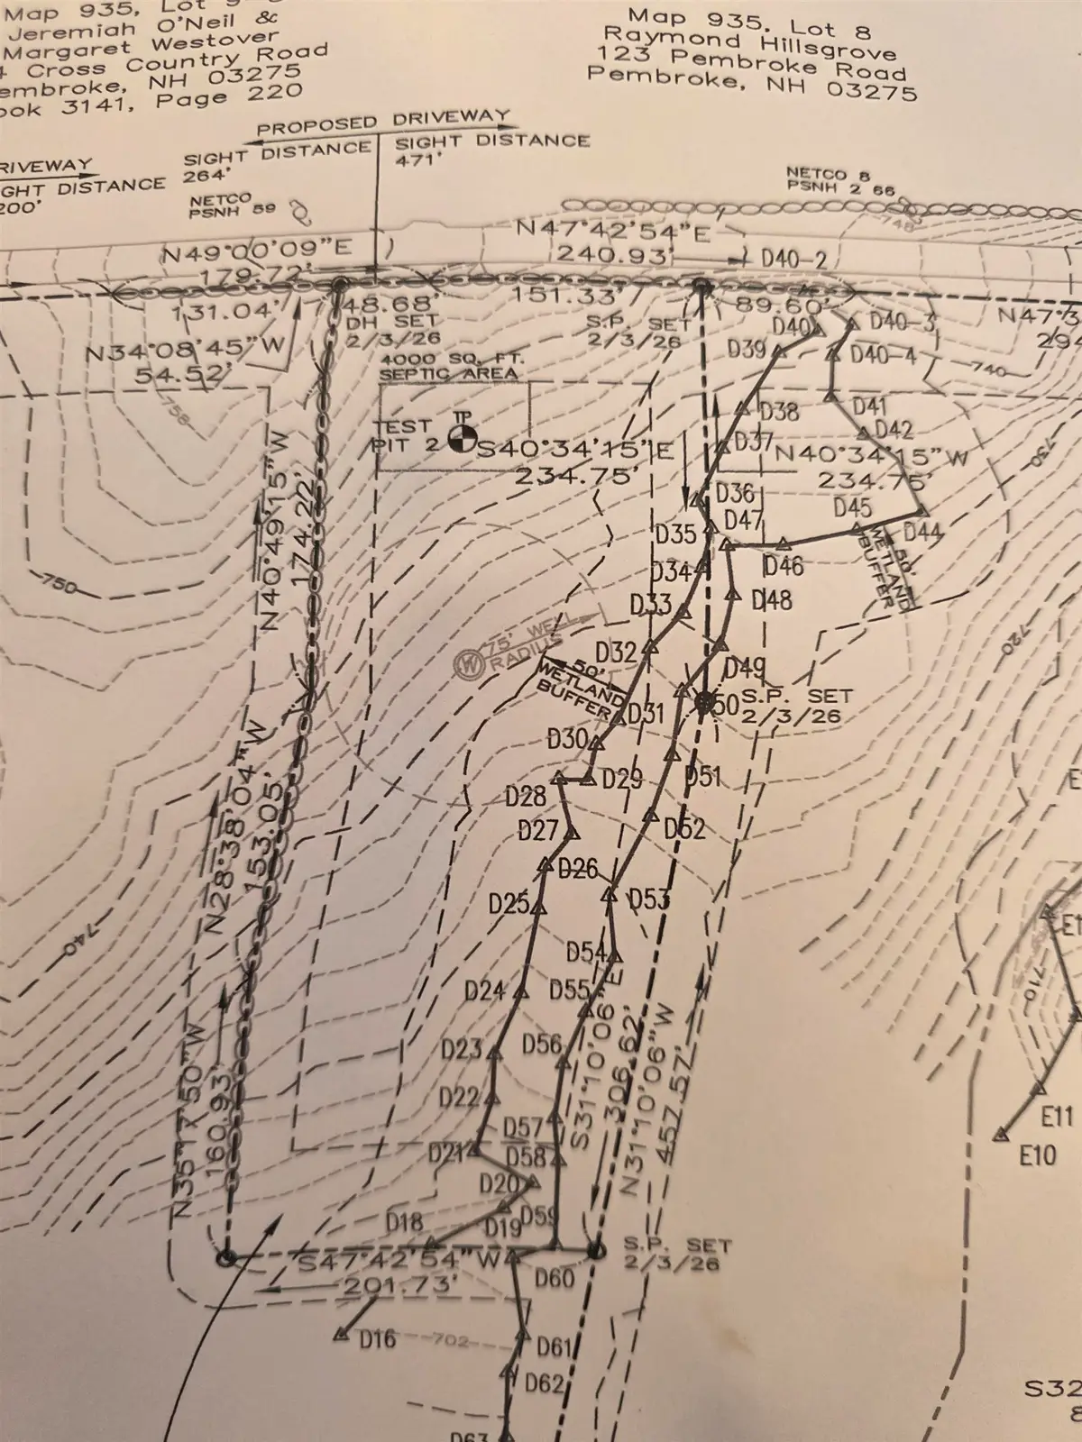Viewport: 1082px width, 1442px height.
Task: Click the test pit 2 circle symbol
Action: tap(460, 440)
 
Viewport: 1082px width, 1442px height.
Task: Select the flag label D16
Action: tap(377, 1339)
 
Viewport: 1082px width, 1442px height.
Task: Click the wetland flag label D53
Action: tap(648, 899)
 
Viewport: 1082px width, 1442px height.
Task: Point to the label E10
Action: tap(1037, 1155)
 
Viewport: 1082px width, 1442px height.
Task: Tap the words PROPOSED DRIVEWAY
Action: tap(383, 123)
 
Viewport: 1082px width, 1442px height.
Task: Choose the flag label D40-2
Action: tap(793, 260)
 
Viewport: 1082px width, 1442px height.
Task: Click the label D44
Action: tap(922, 532)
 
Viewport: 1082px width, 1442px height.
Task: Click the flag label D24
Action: tap(484, 991)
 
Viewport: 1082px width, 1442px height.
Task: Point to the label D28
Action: tap(525, 796)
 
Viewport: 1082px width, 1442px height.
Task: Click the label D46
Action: tap(782, 566)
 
